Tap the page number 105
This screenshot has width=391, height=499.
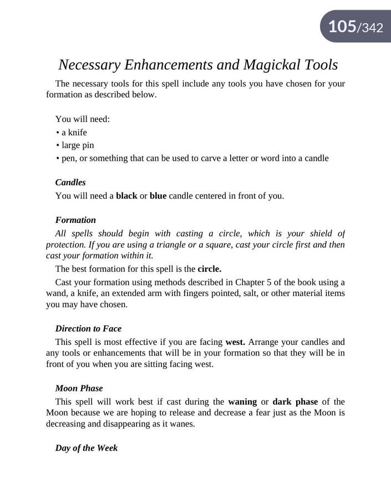click(x=342, y=26)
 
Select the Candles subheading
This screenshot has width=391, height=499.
click(x=70, y=182)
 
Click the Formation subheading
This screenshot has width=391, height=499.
click(x=75, y=220)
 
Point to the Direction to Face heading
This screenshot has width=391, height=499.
click(x=88, y=328)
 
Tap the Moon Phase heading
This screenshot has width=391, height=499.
click(x=79, y=388)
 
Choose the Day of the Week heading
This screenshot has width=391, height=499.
click(x=87, y=447)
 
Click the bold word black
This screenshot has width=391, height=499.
click(x=126, y=196)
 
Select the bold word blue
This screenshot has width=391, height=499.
click(x=158, y=196)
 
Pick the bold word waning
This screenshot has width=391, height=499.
click(x=242, y=401)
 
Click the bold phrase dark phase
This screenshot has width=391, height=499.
click(x=295, y=401)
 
